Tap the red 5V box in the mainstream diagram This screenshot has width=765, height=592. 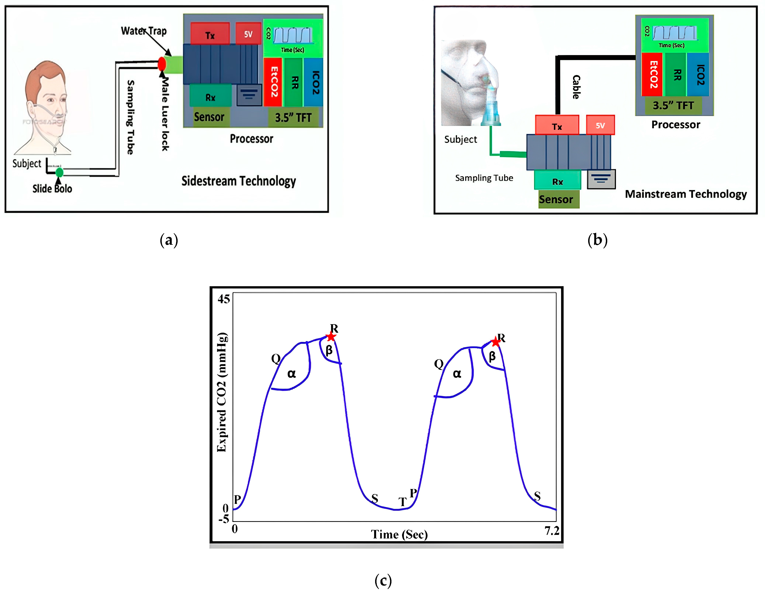pos(600,125)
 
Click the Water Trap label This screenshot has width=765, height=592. pos(144,31)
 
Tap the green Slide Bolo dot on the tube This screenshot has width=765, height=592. pos(60,172)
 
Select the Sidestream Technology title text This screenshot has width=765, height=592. pos(239,181)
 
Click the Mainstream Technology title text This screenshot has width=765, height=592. pos(686,194)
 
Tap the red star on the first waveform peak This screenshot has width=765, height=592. pos(331,337)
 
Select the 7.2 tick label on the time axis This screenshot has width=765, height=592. pos(552,531)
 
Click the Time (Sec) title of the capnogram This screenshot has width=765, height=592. pos(399,534)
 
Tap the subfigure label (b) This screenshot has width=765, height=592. pos(597,240)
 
